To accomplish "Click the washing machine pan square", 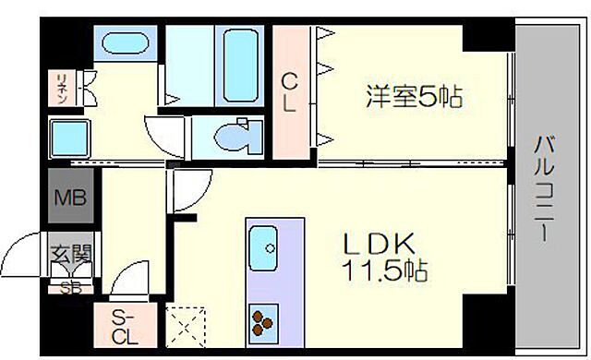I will (x=70, y=139).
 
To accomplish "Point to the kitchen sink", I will (x=270, y=246).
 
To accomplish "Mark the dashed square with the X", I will (x=186, y=325).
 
